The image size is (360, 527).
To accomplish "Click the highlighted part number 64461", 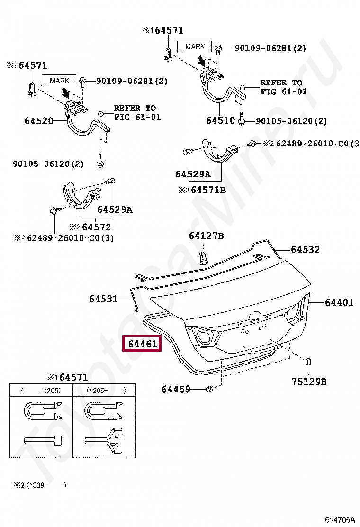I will pyautogui.click(x=142, y=344).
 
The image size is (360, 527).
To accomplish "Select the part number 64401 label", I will pyautogui.click(x=339, y=302).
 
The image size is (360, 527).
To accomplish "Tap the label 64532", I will pyautogui.click(x=305, y=250).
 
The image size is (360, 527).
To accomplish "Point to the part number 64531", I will pyautogui.click(x=103, y=299).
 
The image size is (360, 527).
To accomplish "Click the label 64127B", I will pyautogui.click(x=206, y=236).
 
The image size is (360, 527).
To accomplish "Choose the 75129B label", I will pyautogui.click(x=309, y=382).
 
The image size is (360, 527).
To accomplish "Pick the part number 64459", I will pyautogui.click(x=176, y=390).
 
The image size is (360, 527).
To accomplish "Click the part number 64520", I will pyautogui.click(x=39, y=121).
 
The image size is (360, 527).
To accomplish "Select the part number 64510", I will pyautogui.click(x=220, y=121).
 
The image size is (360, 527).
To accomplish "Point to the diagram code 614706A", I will pyautogui.click(x=339, y=520).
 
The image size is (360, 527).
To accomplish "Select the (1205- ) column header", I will pyautogui.click(x=106, y=391).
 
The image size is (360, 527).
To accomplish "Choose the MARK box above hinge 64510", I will pyautogui.click(x=195, y=46).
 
